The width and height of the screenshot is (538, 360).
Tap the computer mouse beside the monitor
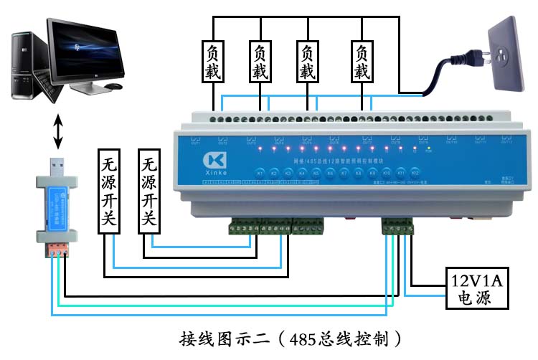[113, 86]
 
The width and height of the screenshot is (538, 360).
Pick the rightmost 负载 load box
[362, 62]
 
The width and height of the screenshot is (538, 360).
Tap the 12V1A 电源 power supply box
[475, 288]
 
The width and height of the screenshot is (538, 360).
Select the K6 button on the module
[330, 174]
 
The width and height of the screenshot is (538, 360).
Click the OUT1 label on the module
[195, 143]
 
